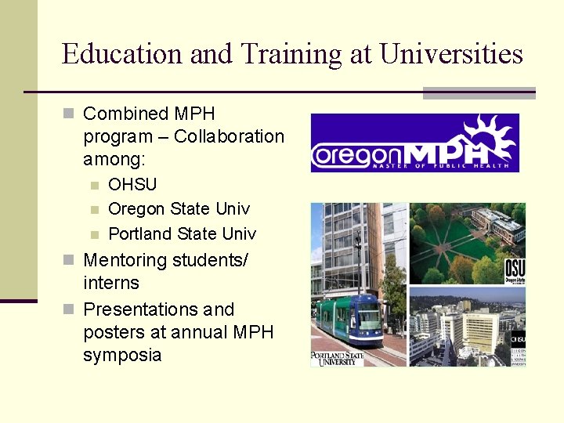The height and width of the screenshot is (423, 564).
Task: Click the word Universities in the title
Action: (x=450, y=54)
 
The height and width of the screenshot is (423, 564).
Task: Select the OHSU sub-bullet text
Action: (x=132, y=185)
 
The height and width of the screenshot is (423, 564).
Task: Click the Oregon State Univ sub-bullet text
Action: (x=179, y=209)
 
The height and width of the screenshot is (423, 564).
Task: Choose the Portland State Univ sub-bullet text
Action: (x=182, y=233)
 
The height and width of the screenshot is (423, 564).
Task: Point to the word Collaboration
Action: (x=229, y=136)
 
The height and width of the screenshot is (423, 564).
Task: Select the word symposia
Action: (x=122, y=355)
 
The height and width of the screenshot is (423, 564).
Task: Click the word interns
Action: (x=110, y=283)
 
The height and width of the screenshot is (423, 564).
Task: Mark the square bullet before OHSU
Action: (x=94, y=186)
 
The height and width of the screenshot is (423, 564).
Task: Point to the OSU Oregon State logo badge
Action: (x=515, y=270)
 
